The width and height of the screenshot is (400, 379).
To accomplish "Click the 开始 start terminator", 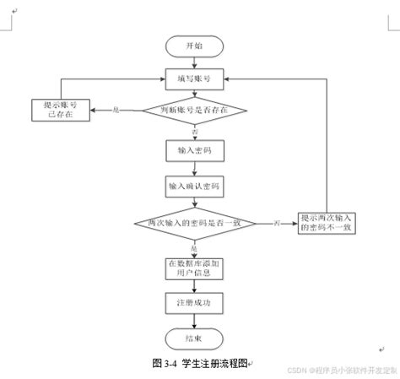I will coord(195,46).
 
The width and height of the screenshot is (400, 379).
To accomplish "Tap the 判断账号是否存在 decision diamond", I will coord(195,110).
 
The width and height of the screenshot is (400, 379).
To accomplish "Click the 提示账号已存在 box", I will coord(58,110).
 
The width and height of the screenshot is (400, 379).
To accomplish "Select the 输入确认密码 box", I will coord(195,185).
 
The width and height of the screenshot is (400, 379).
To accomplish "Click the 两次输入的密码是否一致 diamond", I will coord(195,223).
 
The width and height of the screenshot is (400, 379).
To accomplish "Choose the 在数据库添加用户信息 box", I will coord(195,268).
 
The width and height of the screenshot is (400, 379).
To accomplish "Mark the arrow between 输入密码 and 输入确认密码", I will coord(195,167).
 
